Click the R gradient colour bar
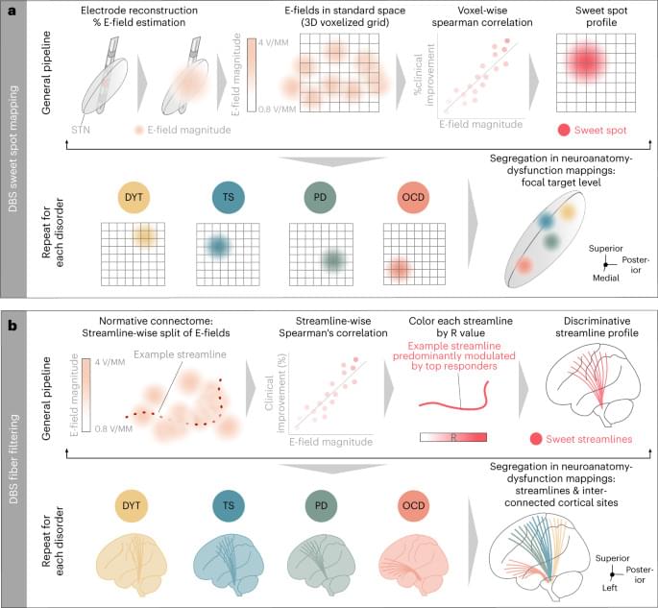[x=453, y=436]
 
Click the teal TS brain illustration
[x=229, y=566]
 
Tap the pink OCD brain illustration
[x=415, y=566]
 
